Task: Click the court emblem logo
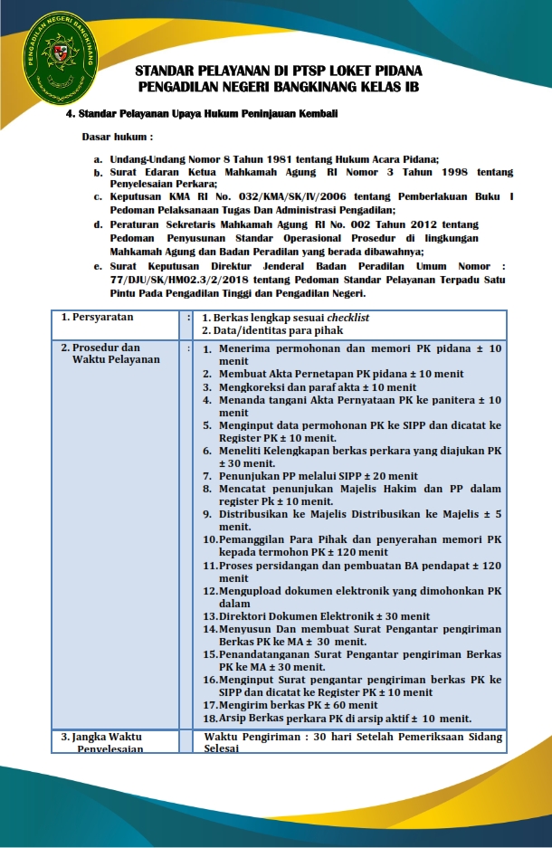point(63,61)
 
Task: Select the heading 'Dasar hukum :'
point(118,138)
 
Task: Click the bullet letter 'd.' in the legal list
point(98,223)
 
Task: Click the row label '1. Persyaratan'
point(97,318)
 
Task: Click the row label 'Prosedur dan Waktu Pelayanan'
point(109,353)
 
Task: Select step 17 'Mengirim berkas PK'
point(287,704)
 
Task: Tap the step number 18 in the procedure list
point(209,718)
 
